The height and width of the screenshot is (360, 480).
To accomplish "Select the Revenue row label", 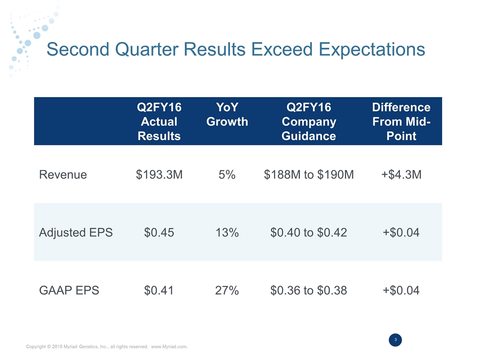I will point(63,174).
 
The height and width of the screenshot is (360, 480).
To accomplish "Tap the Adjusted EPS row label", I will point(75,232).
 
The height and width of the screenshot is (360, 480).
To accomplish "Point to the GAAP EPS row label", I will point(69,290).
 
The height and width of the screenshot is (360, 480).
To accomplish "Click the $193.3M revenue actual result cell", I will point(159,174).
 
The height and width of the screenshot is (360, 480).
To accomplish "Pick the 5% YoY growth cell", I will point(227,174).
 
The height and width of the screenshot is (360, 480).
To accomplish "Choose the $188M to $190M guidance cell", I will point(308,174).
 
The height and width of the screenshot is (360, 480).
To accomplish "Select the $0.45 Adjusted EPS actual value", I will point(159,232).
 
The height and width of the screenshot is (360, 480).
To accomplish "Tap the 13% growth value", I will point(227,232).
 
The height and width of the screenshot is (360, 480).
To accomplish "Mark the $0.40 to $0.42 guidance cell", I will point(308,232).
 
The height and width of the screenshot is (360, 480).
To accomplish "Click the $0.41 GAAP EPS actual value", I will point(159,290).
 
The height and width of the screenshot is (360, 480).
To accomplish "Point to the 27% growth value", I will point(227,290).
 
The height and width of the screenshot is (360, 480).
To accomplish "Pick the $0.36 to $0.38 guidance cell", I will point(308,290).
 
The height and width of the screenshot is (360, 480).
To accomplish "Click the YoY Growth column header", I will point(227,114).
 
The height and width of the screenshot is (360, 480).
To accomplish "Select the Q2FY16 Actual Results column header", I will point(159,121).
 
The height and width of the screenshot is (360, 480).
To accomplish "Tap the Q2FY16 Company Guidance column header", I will point(308,121).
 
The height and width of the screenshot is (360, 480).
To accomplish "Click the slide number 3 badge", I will point(395,340).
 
